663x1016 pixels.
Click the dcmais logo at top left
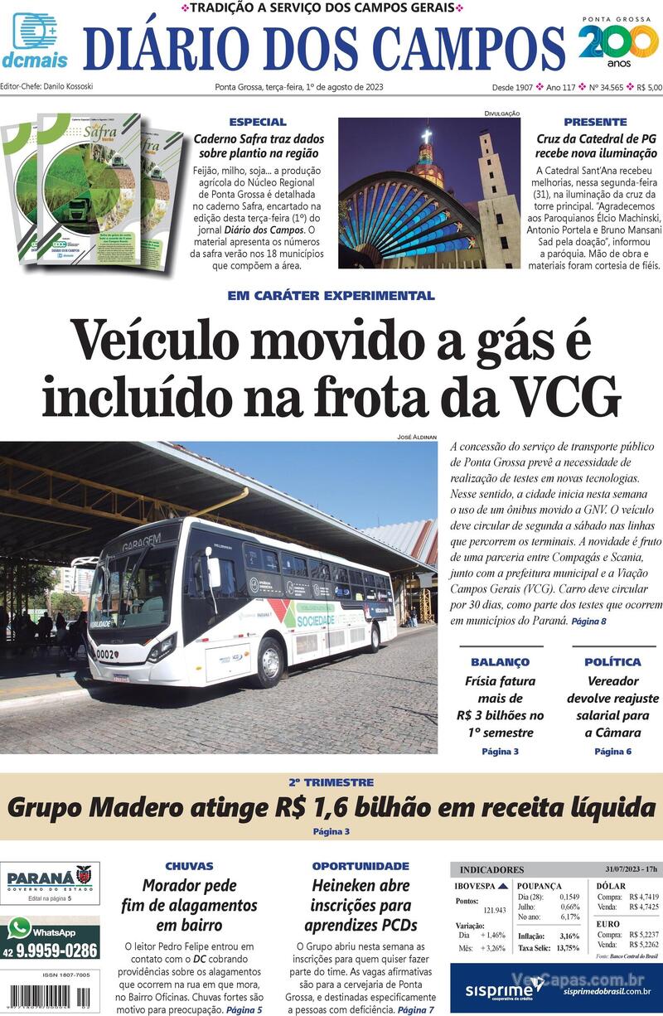click(x=34, y=40)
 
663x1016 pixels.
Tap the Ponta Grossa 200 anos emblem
click(x=618, y=43)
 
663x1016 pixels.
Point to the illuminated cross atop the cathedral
click(x=427, y=136)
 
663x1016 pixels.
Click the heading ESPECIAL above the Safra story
click(x=258, y=122)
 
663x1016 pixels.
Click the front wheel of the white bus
click(x=271, y=662)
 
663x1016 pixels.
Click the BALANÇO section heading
click(x=500, y=662)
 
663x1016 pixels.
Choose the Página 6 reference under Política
click(x=612, y=752)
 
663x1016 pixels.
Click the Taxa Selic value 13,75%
click(x=568, y=948)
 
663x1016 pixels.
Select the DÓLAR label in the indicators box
click(x=611, y=886)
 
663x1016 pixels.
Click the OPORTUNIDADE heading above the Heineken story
click(x=361, y=866)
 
